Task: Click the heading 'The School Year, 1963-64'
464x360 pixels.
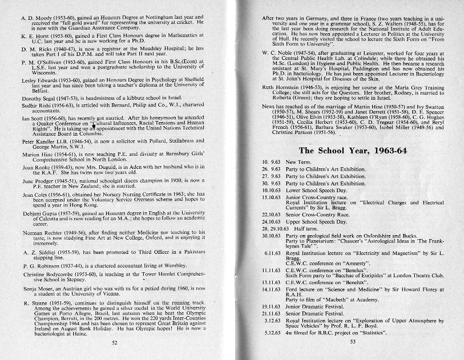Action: [352, 151]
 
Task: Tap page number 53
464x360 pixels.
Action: [353, 341]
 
